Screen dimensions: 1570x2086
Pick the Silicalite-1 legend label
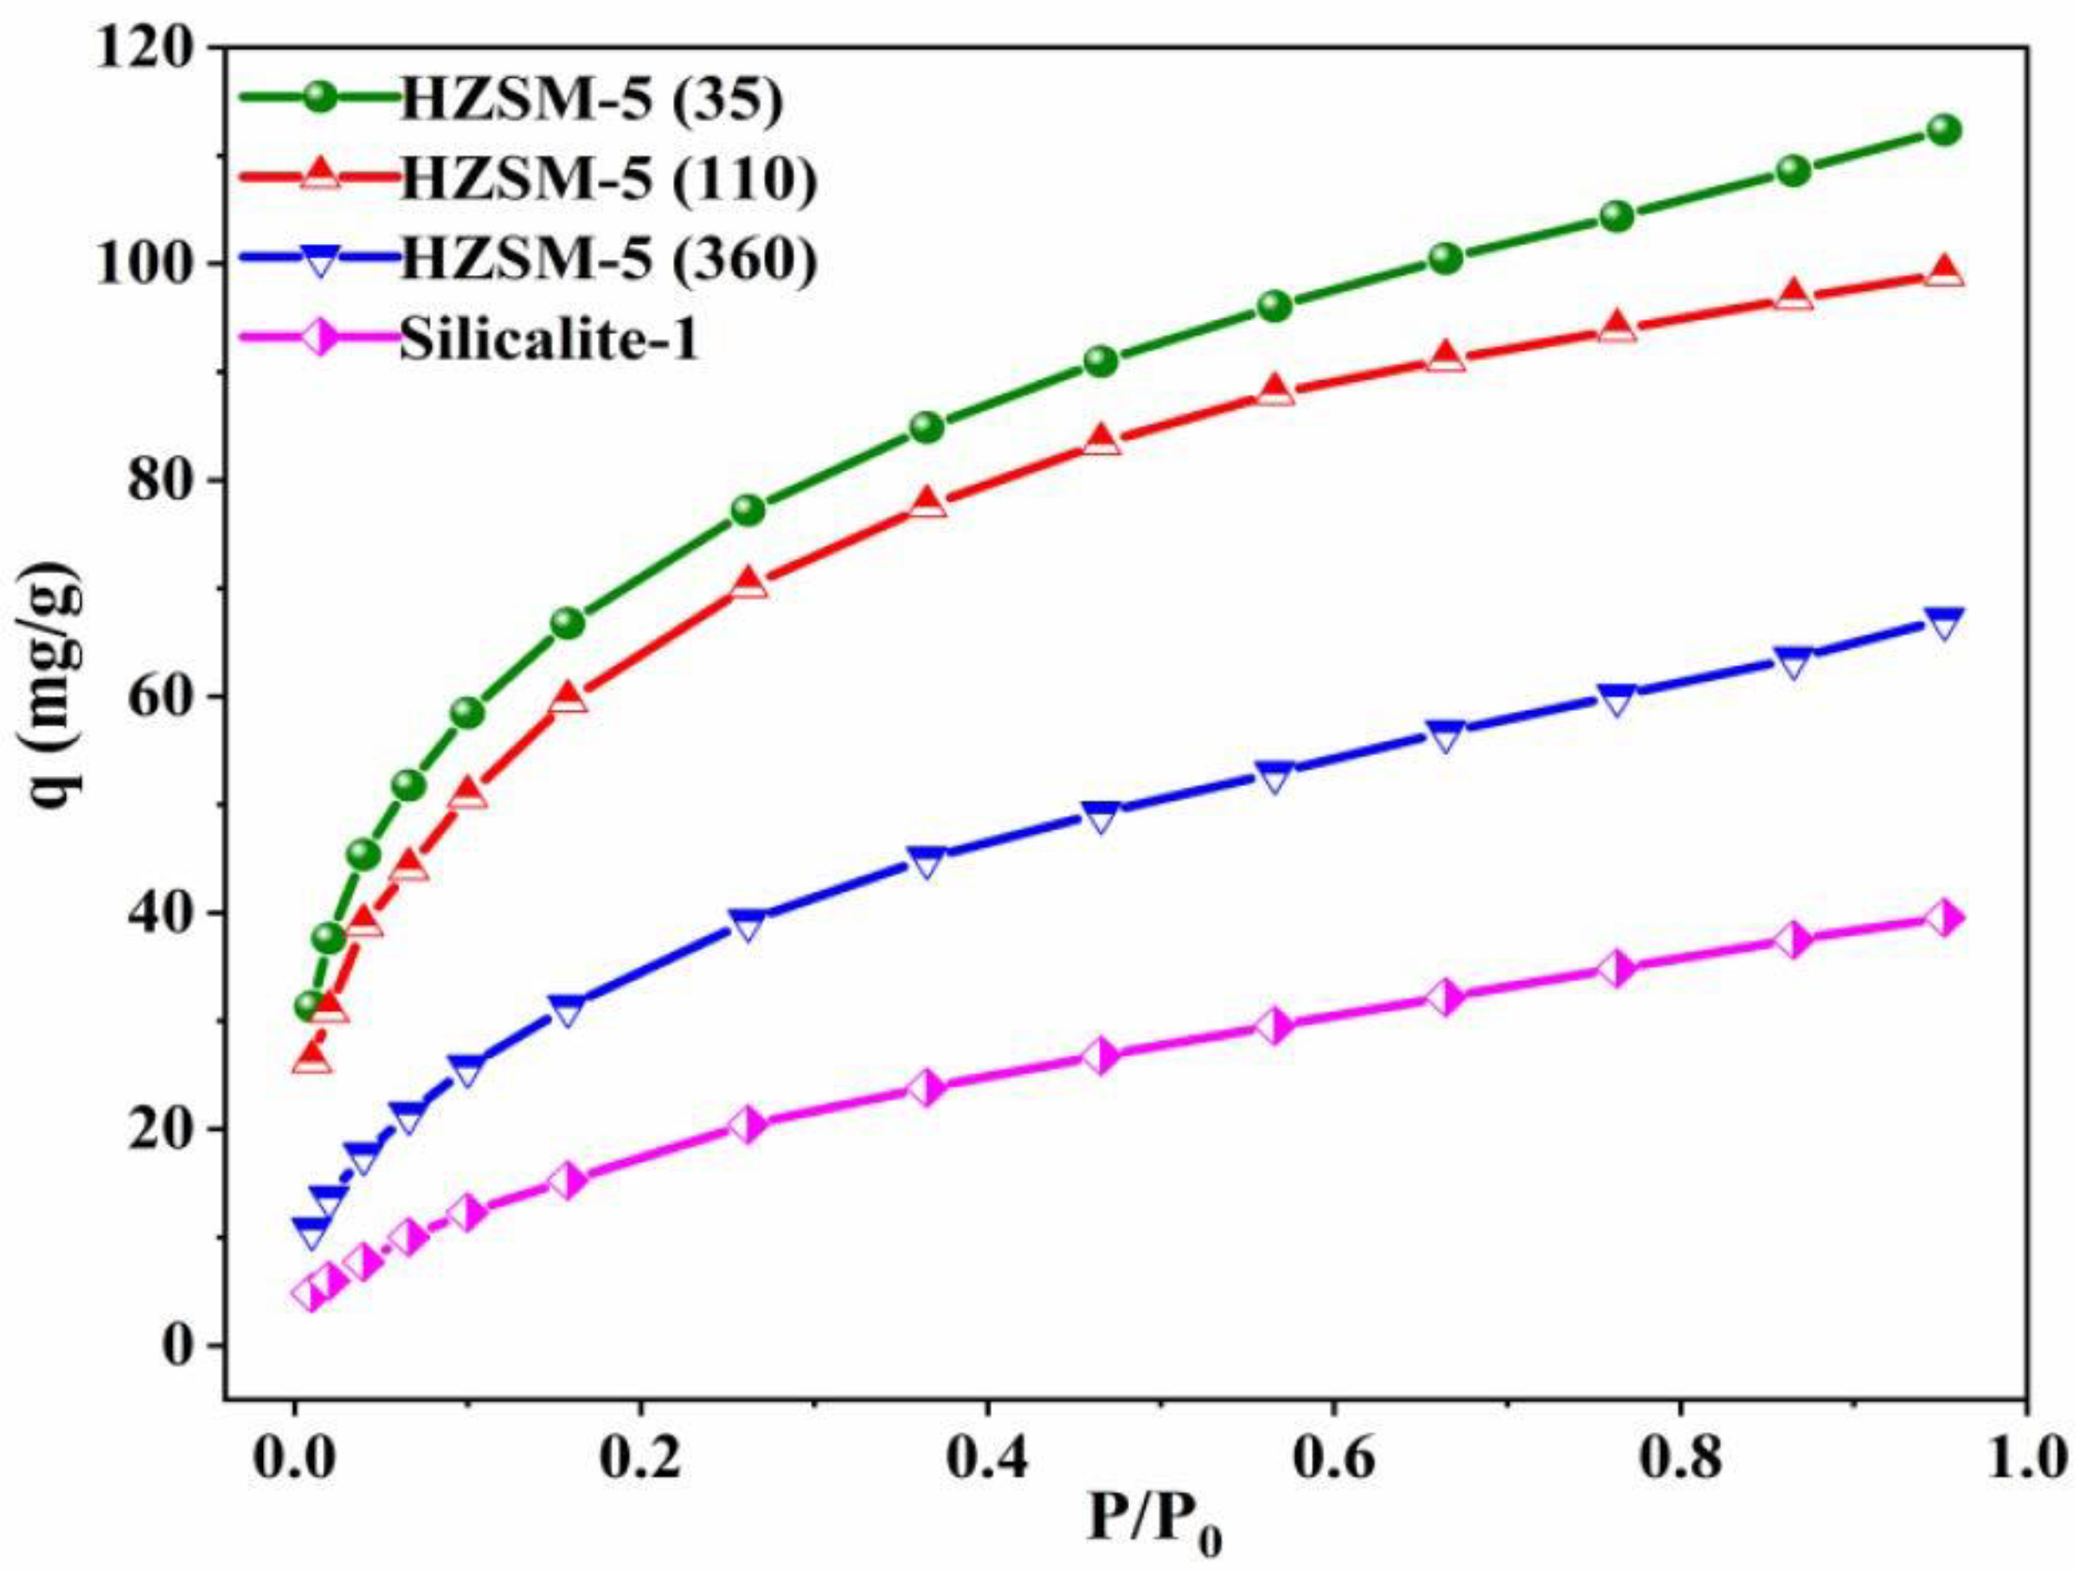click(x=549, y=338)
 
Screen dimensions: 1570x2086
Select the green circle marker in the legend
click(x=321, y=96)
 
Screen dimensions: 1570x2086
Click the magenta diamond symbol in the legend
click(x=321, y=338)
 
